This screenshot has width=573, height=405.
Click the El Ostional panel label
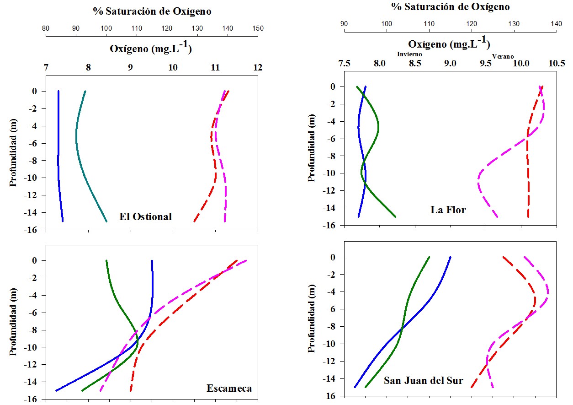click(145, 216)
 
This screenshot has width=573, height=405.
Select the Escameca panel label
click(229, 389)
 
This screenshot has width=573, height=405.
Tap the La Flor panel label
click(448, 210)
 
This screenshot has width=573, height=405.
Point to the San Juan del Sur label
click(423, 380)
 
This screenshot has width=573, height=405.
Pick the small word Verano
click(503, 56)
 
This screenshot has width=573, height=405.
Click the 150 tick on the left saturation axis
click(258, 28)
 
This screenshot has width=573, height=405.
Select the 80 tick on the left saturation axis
click(46, 28)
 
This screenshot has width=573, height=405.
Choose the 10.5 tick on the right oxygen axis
click(556, 64)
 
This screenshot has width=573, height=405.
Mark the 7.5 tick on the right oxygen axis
click(344, 64)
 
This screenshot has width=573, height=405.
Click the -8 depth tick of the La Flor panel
click(333, 156)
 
